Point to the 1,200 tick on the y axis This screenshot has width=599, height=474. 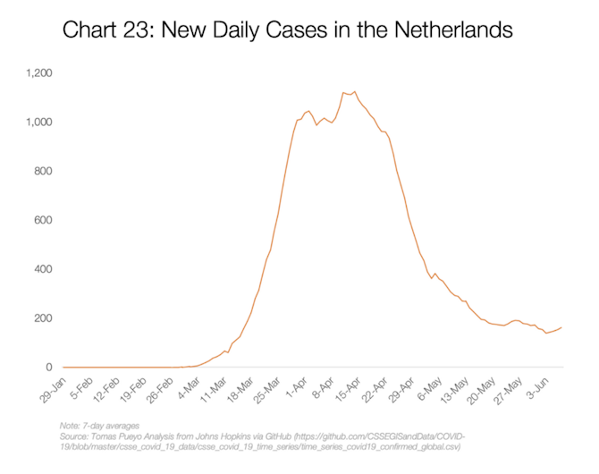click(x=40, y=72)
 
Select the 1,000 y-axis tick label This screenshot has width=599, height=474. click(x=40, y=122)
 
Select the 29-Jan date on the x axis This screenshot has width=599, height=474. click(x=52, y=385)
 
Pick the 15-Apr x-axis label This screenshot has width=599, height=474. click(x=356, y=385)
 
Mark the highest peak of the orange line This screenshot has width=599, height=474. click(x=355, y=91)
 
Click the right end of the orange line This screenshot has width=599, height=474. click(x=561, y=327)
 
